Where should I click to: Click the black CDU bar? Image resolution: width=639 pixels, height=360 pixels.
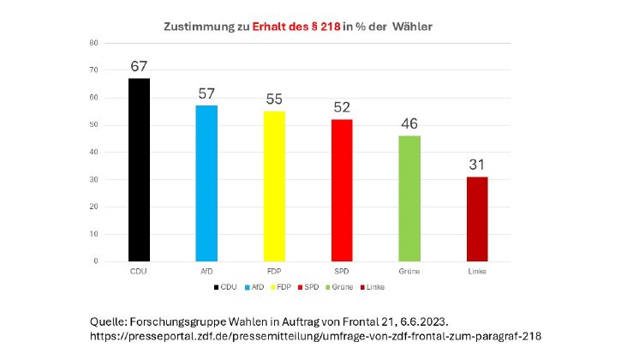point(139,170)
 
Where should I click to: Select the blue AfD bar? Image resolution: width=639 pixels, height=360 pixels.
point(206,183)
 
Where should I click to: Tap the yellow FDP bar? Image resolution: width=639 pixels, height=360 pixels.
point(274,186)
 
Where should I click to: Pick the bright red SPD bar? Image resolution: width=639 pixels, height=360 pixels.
point(342,190)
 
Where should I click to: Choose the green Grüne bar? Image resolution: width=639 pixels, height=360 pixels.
point(409,198)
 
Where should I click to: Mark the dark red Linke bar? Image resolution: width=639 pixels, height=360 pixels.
point(477,219)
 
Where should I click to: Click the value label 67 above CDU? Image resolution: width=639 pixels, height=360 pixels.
point(139,67)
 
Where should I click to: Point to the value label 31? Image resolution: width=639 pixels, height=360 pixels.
point(477,165)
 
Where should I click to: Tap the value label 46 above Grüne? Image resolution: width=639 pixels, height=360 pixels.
point(409,124)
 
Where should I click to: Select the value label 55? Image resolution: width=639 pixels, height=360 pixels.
point(274,99)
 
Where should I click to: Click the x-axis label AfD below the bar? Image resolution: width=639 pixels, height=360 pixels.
point(206,272)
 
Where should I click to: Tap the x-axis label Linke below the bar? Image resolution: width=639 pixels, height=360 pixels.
point(477,272)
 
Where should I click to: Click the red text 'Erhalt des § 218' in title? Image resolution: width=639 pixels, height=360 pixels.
point(296,27)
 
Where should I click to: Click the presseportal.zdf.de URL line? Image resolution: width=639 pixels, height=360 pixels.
point(315,337)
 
